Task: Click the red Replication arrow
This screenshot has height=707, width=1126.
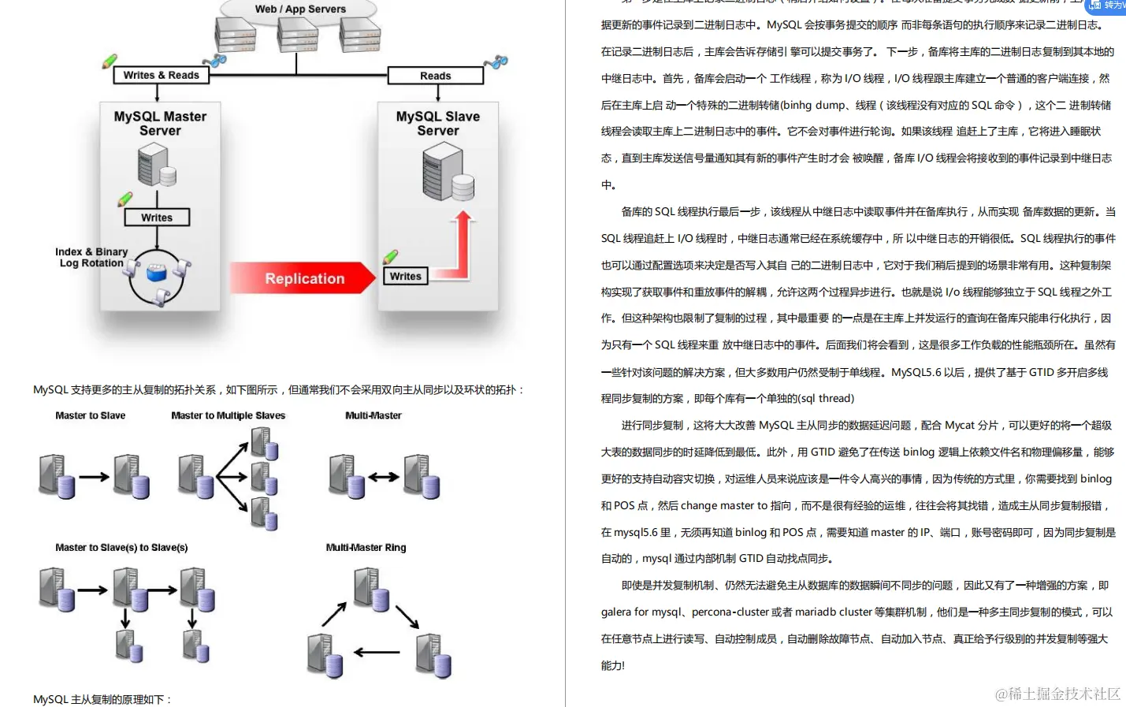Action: click(303, 278)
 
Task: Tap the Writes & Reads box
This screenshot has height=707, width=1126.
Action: click(161, 75)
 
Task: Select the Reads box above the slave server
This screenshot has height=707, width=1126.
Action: click(435, 76)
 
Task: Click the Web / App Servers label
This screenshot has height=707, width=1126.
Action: click(300, 9)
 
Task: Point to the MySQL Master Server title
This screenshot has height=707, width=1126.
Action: click(160, 123)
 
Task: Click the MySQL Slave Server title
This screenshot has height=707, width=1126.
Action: click(437, 123)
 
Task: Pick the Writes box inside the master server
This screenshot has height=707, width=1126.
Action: click(157, 218)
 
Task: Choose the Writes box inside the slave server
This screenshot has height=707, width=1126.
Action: click(405, 276)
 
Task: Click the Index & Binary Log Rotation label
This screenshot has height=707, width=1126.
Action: click(91, 257)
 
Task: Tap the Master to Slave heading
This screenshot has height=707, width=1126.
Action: click(90, 415)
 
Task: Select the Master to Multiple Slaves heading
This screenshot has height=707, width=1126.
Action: click(228, 415)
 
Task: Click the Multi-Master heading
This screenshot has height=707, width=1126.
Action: click(373, 415)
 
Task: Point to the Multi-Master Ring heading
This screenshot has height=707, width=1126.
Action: click(366, 547)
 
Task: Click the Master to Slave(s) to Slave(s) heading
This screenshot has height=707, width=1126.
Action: click(121, 547)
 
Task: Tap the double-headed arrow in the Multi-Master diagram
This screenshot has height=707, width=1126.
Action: click(384, 477)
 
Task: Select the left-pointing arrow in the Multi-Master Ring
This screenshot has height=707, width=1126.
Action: click(377, 653)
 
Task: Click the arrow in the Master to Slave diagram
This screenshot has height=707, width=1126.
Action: click(94, 477)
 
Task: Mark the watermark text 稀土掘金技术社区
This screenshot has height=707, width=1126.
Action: click(1057, 694)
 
